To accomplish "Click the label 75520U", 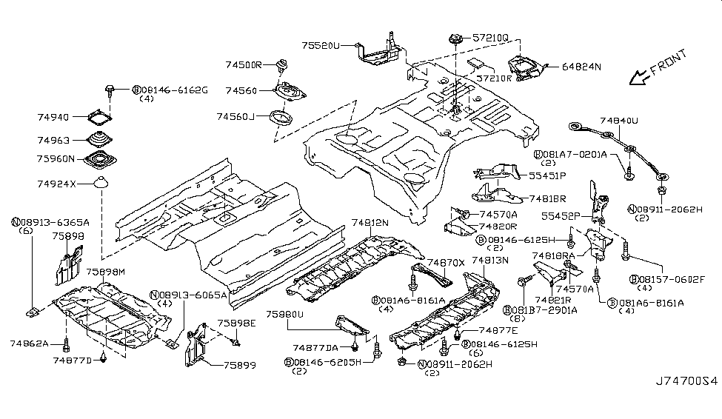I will coord(321,45).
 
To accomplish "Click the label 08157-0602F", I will coord(666,279).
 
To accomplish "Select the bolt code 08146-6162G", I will coord(175,90).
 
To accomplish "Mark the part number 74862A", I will coord(30,343).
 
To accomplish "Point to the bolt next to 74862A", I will coord(67,343).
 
